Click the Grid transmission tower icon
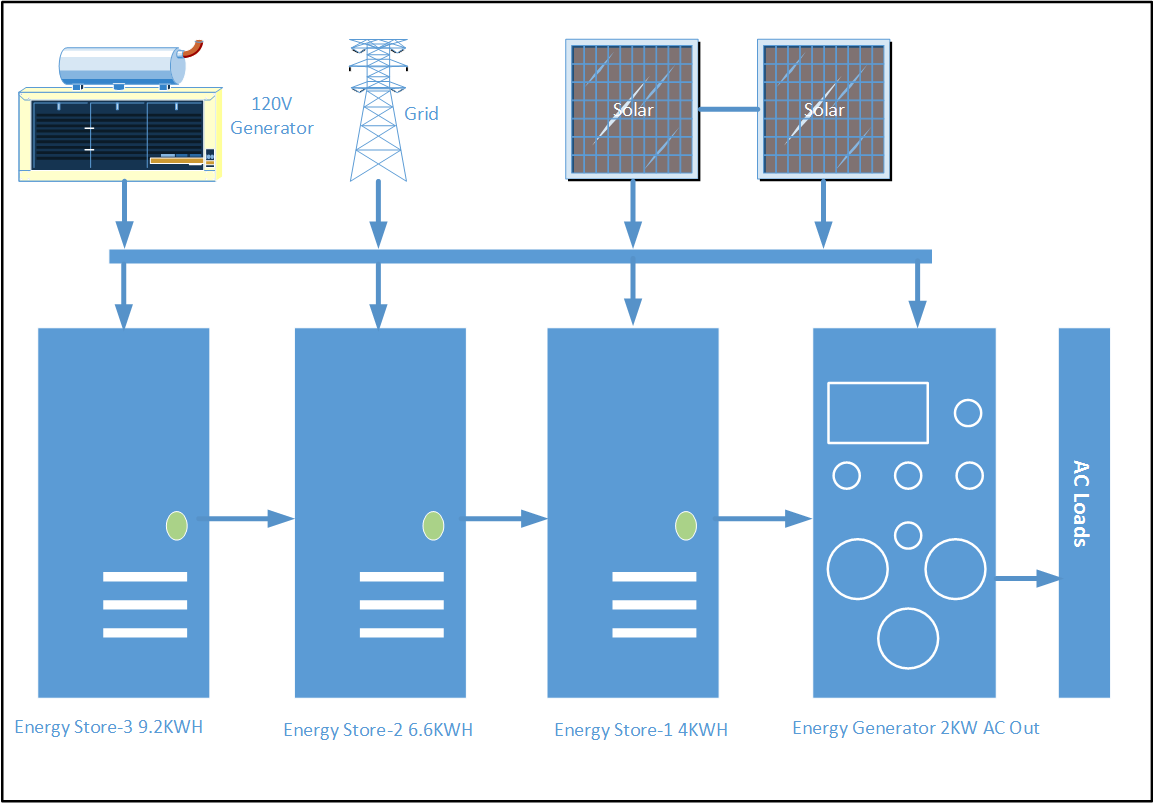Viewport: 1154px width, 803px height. [378, 110]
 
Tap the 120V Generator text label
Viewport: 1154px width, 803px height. [272, 115]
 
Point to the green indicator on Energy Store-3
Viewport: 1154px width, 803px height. [176, 524]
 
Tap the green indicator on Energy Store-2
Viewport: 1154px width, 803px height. [433, 524]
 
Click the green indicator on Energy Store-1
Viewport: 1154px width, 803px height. [686, 524]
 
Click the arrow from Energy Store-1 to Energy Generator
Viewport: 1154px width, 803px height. [760, 518]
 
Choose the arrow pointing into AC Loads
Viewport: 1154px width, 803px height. [1026, 578]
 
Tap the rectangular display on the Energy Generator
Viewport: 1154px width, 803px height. [877, 412]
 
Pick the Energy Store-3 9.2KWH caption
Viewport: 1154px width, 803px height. [108, 727]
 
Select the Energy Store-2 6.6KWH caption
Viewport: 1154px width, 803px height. [378, 730]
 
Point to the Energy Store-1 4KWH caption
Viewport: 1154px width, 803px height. [641, 730]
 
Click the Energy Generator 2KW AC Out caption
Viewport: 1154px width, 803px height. [915, 728]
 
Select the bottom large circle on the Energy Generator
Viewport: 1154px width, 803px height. [908, 637]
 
